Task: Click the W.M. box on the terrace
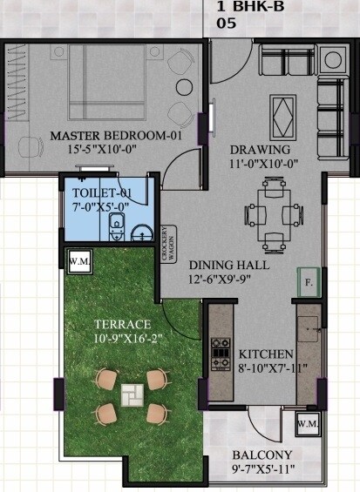coord(77,259)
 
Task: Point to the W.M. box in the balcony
coord(307,424)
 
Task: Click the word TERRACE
coord(124,324)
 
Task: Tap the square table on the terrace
coord(132,396)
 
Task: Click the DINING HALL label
coord(229,264)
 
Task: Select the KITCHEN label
coord(259,354)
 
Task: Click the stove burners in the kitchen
coord(218,353)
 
